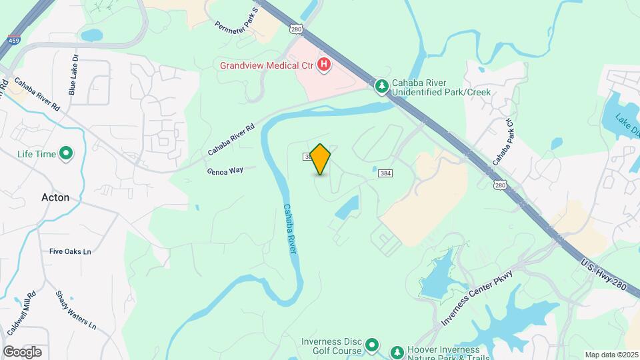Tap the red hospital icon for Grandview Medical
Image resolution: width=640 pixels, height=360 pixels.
tap(323, 65)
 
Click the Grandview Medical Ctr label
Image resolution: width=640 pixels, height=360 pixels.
tap(267, 65)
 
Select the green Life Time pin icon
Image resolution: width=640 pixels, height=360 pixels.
tap(66, 154)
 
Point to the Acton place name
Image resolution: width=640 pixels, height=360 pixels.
tap(55, 197)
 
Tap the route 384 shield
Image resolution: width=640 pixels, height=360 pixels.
tap(385, 173)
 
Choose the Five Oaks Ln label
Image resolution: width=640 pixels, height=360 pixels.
tap(70, 251)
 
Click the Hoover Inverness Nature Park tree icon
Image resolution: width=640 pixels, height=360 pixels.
tap(397, 351)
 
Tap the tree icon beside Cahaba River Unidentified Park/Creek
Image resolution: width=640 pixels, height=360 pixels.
tap(381, 86)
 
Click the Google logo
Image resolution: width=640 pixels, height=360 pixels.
tap(22, 351)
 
